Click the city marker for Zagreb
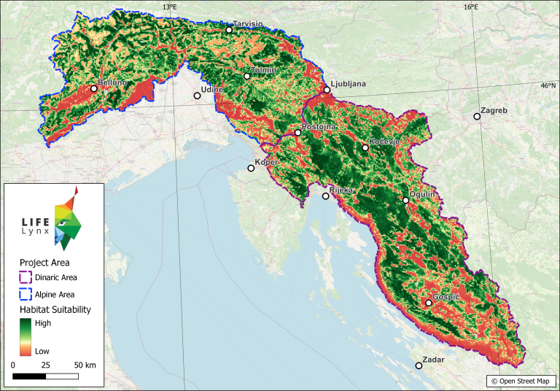477,116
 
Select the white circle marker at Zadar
419,365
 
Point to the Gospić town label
446,297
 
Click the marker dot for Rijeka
325,196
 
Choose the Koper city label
266,161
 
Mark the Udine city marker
197,96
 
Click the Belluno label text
112,82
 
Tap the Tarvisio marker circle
229,30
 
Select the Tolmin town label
263,70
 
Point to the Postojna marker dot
297,133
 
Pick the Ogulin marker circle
406,201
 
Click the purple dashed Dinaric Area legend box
25,277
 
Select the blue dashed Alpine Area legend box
25,294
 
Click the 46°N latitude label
549,85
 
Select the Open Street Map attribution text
521,381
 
